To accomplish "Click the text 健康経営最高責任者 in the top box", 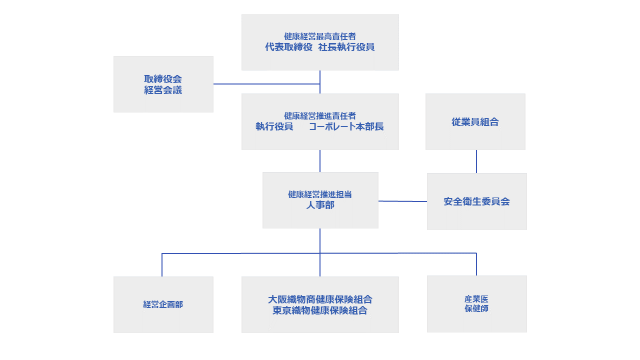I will [320, 36].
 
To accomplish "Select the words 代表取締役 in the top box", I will [288, 47].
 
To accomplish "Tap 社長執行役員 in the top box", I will [346, 47].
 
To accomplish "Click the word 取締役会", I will [163, 79].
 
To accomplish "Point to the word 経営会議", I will [163, 90].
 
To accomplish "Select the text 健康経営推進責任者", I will [320, 116].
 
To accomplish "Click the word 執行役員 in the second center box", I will [274, 126].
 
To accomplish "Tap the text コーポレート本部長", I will [346, 126].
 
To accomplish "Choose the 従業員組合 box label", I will [475, 122].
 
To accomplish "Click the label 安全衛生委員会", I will [476, 201].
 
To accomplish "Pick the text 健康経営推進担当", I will [320, 194].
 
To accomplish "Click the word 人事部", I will [320, 205].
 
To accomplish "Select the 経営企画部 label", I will [163, 304].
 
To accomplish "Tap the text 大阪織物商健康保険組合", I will [320, 299].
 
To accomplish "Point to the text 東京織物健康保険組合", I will [320, 310].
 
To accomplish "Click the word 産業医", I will [476, 299].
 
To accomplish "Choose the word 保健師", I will [476, 309].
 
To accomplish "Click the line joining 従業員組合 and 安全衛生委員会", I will [476, 161].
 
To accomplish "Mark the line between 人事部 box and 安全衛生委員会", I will [402, 201].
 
